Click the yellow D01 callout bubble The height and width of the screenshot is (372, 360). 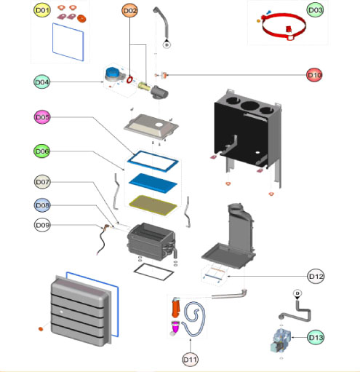(42, 10)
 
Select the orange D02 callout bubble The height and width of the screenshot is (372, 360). (130, 11)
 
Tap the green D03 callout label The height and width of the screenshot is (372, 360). (315, 10)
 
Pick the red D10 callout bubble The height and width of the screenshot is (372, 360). (314, 75)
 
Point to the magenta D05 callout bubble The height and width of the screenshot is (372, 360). (42, 117)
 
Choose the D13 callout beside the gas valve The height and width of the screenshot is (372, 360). (316, 337)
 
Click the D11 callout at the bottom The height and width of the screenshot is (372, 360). (190, 360)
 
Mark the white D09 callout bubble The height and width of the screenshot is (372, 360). (42, 225)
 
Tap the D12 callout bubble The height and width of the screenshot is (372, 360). (316, 276)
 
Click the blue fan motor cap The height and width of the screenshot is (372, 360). (113, 72)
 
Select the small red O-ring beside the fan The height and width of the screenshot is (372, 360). (130, 79)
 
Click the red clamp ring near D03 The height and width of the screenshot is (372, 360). (284, 26)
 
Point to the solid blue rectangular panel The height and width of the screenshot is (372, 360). (153, 183)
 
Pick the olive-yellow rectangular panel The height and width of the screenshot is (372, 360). (153, 205)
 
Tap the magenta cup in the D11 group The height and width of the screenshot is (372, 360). (175, 326)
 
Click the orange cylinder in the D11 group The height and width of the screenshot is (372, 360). (176, 308)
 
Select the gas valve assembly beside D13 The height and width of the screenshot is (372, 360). (280, 341)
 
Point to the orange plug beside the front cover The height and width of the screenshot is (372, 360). (41, 329)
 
